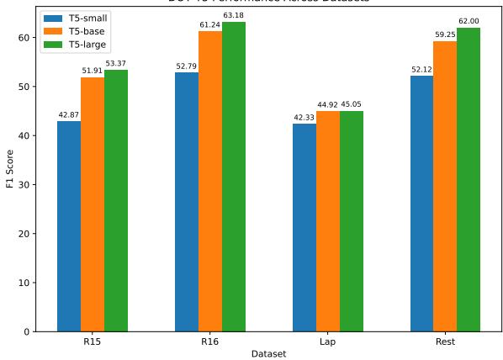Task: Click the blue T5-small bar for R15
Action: point(69,226)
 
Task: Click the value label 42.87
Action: point(69,114)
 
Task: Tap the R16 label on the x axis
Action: point(210,343)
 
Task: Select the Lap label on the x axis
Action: point(328,343)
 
